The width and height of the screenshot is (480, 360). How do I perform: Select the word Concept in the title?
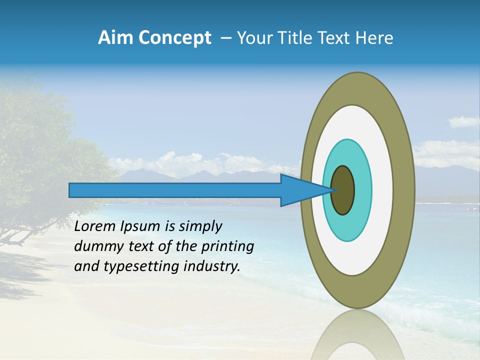click(x=174, y=38)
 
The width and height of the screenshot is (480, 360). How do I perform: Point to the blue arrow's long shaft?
click(x=175, y=190)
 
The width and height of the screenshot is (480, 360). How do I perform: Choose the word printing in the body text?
click(x=227, y=247)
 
